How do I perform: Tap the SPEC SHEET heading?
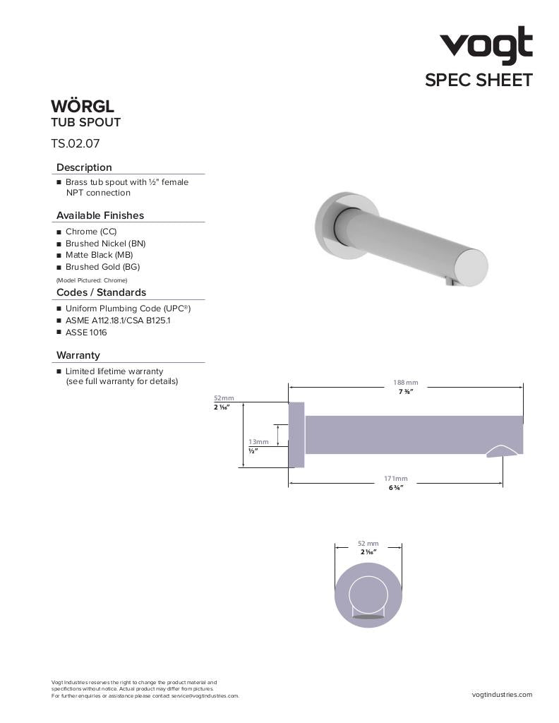[x=478, y=80]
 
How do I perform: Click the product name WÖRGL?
[x=83, y=107]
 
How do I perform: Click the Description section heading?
[x=84, y=167]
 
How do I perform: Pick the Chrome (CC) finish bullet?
[x=91, y=232]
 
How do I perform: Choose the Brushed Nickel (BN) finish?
[x=105, y=244]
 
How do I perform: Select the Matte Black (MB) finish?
[x=99, y=255]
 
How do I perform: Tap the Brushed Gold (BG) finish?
[x=102, y=267]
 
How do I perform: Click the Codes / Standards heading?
[x=101, y=292]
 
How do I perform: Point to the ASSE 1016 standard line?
[x=86, y=333]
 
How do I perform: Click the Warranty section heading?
[x=78, y=355]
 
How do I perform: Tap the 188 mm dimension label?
[x=406, y=383]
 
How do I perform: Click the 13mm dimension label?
[x=258, y=442]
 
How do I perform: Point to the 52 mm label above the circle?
[x=368, y=543]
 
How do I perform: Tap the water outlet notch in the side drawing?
[x=503, y=451]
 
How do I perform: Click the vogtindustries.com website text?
[x=502, y=695]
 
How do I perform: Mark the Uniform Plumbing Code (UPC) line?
[x=128, y=309]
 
